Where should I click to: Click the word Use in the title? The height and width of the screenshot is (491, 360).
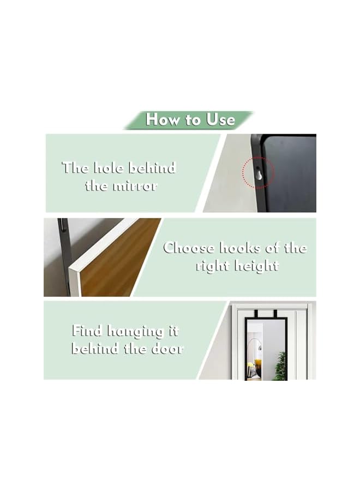point(220,119)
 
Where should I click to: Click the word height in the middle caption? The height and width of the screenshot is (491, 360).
point(257,266)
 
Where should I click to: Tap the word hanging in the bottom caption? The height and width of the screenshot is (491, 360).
point(143,332)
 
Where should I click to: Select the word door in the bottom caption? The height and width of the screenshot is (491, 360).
point(164,349)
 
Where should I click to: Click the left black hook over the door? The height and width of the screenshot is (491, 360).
point(250,314)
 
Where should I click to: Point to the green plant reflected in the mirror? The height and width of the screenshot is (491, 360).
point(280,366)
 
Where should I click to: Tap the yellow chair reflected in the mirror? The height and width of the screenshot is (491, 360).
point(251,368)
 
